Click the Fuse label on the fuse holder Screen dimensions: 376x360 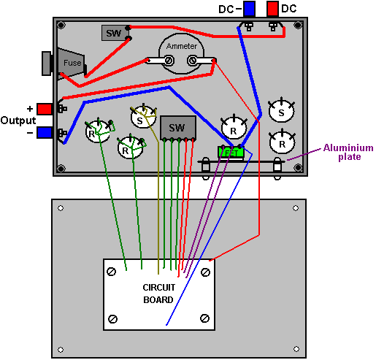(72, 63)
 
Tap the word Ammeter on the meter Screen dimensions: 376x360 (182, 46)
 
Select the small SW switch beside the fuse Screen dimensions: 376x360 (114, 33)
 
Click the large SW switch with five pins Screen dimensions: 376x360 (178, 128)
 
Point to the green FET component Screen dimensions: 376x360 (231, 152)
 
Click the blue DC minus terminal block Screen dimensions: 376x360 (249, 9)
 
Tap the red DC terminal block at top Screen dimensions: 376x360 (272, 9)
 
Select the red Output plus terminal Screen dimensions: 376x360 (45, 109)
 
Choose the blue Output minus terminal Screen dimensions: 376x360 (45, 133)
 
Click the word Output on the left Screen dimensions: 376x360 (18, 120)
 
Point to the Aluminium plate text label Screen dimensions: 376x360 (348, 152)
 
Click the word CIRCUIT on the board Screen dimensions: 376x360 (158, 288)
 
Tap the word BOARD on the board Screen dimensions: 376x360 (158, 299)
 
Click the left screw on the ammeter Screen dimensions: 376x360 (169, 60)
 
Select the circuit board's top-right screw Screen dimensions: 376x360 (205, 272)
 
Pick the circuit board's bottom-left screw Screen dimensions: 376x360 (112, 319)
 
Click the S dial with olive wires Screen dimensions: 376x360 (143, 118)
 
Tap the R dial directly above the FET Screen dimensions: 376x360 (234, 128)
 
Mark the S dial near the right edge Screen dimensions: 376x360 (281, 111)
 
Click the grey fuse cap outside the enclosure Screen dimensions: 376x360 (47, 64)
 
